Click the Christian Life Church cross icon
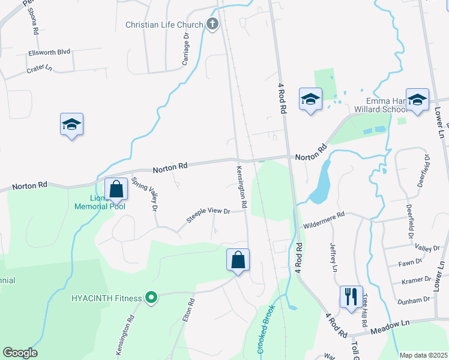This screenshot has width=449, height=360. [x=212, y=25]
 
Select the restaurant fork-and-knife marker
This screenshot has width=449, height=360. [x=351, y=296]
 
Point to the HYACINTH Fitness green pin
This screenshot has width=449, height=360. [x=151, y=297]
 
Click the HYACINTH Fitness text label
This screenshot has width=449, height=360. [x=107, y=298]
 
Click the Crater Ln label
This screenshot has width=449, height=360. [x=40, y=70]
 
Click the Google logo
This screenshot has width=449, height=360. [x=20, y=353]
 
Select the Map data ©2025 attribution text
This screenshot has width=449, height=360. [x=423, y=355]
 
